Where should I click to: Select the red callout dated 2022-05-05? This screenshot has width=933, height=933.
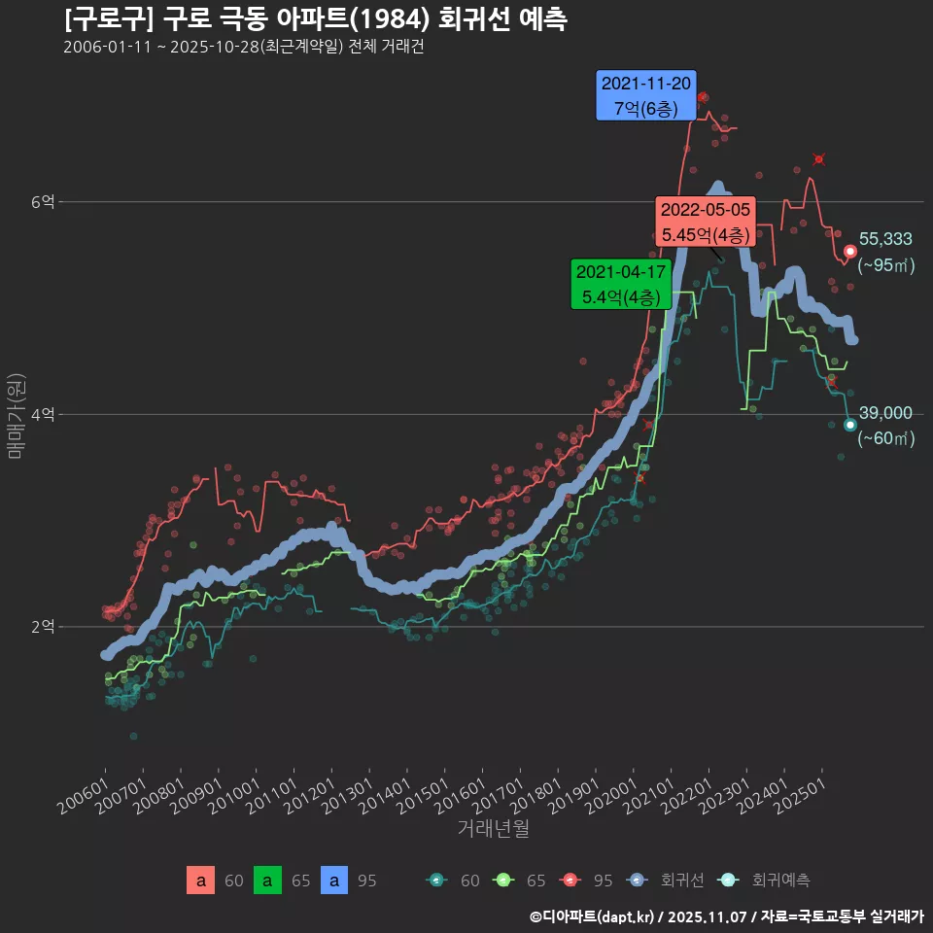pos(706,222)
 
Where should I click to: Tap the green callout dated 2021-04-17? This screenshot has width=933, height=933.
pos(621,284)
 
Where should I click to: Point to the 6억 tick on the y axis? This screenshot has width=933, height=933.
pos(43,202)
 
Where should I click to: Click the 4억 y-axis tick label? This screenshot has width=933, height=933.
pos(43,415)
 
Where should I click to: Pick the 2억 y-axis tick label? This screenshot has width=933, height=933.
pos(43,627)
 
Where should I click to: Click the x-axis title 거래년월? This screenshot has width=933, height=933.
pos(493,829)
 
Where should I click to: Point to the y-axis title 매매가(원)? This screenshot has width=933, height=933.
pos(15,415)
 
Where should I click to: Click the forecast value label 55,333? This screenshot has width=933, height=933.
pos(885,239)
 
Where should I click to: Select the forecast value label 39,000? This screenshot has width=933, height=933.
pos(885,413)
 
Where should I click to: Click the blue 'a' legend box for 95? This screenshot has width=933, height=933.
pos(334,881)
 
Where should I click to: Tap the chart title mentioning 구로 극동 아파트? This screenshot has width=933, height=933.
pos(316,18)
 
